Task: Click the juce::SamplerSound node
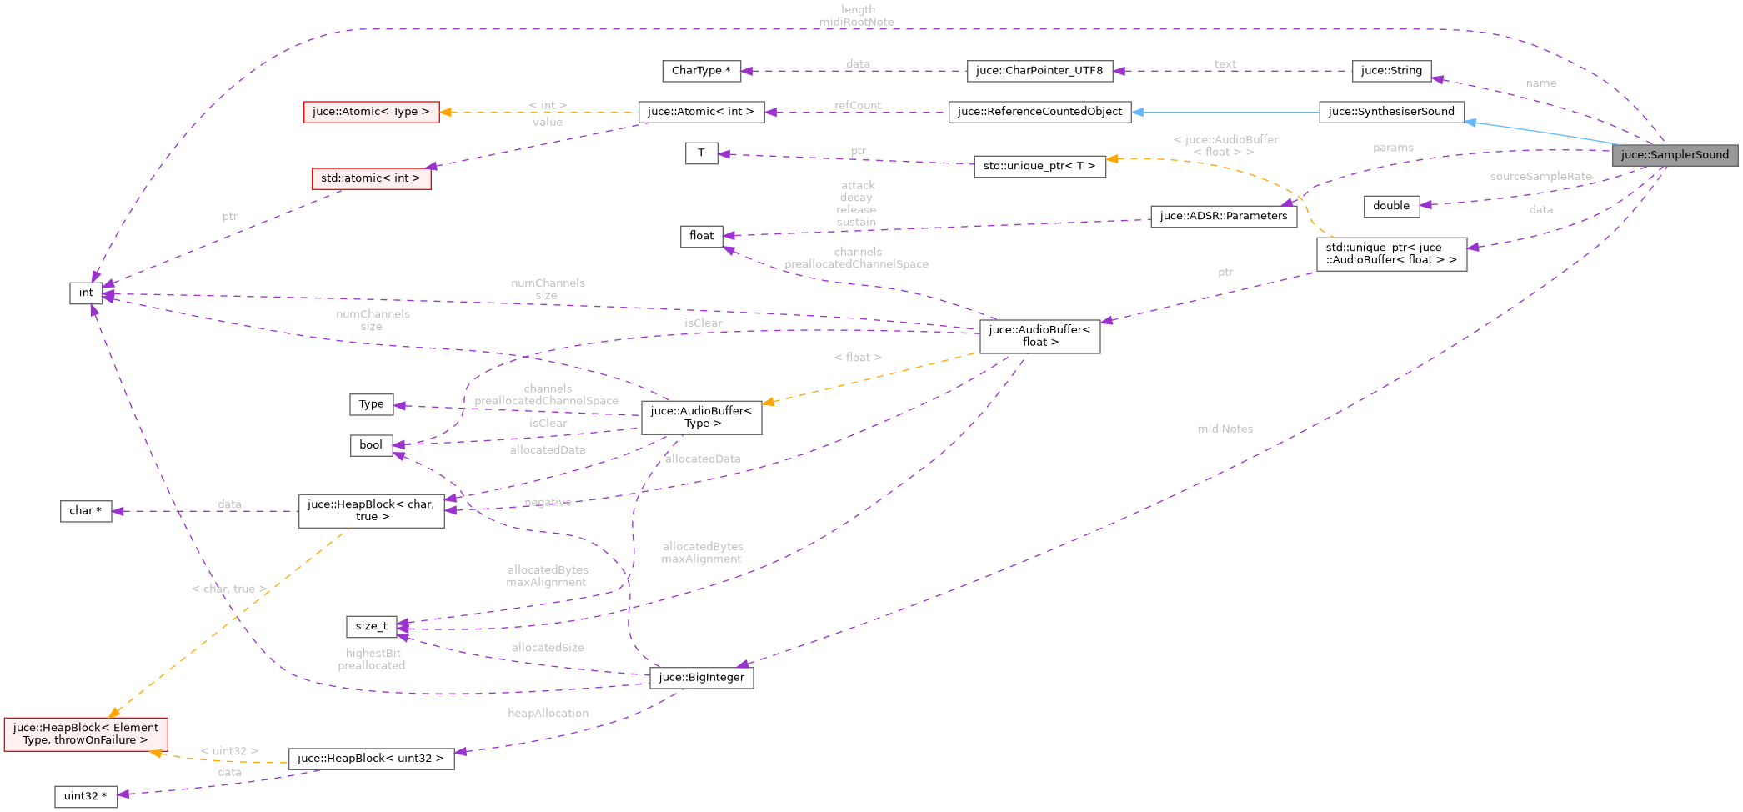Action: coord(1674,155)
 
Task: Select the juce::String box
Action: coord(1390,71)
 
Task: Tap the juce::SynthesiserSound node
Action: coord(1390,112)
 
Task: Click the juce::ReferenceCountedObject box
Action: coord(1039,112)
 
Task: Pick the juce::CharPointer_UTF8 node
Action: coord(1039,71)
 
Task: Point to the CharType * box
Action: coord(700,71)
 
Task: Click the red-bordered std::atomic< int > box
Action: coord(371,178)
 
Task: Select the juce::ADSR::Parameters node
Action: coord(1223,216)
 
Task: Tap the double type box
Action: coord(1390,206)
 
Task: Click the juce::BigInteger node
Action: coord(701,678)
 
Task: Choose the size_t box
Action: coord(371,626)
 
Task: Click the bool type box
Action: coord(371,445)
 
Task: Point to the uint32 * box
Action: coord(85,796)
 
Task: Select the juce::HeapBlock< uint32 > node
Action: coord(371,759)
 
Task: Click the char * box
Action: coord(85,511)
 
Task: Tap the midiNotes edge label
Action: coord(1225,429)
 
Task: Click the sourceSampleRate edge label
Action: coord(1540,177)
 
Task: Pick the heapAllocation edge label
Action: coord(548,713)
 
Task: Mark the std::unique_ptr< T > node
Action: coord(1039,166)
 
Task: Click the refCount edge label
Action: coord(857,105)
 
